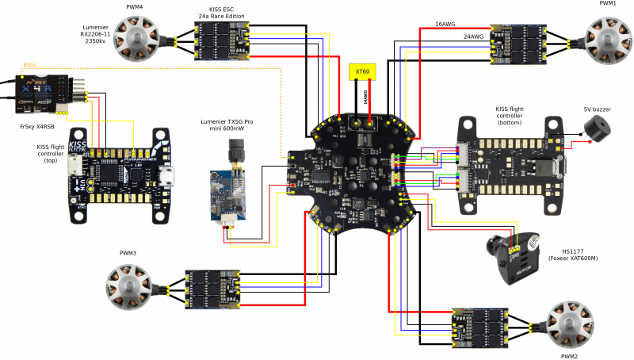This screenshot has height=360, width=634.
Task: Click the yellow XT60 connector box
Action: [x=362, y=71]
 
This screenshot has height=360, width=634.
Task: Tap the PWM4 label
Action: [x=136, y=6]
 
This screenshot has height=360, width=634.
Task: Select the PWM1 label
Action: [x=608, y=4]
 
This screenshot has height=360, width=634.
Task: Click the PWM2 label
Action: [x=569, y=356]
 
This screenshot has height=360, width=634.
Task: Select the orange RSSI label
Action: [x=29, y=65]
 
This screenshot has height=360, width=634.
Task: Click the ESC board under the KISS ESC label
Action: [x=223, y=40]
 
